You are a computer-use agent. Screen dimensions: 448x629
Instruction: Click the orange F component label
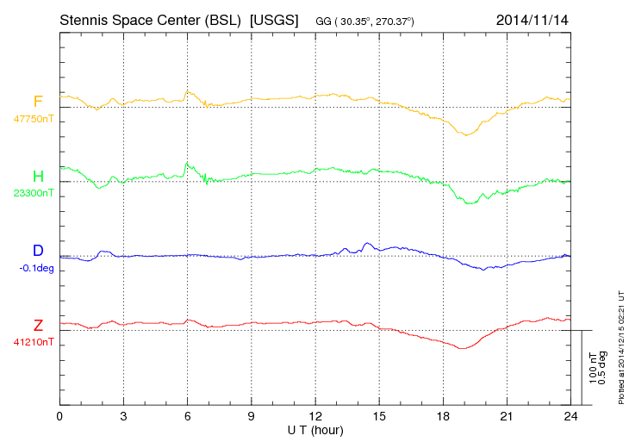38,103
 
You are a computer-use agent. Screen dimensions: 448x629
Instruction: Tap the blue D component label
38,251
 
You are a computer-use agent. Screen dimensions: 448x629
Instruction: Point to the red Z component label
38,325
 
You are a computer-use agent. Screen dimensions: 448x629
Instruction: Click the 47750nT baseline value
32,119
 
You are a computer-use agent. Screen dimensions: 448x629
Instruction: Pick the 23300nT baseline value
32,193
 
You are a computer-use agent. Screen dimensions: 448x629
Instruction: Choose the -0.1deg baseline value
36,267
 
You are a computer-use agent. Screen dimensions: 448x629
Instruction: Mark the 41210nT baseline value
32,341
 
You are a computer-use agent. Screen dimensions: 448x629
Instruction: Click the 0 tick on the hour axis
59,417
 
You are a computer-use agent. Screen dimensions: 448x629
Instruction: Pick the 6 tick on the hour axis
187,417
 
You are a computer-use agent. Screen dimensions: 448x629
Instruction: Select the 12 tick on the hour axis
314,417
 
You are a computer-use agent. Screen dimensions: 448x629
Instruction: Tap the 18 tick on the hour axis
442,417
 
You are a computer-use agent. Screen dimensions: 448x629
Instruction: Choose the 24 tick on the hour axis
570,417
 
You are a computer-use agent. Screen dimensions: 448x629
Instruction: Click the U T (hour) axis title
314,430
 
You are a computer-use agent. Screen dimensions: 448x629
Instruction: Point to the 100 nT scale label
593,368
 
